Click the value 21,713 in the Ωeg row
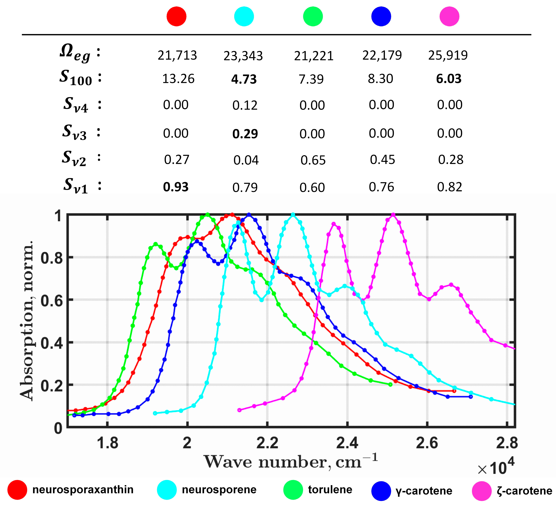point(177,55)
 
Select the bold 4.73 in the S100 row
point(244,79)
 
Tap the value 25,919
point(448,55)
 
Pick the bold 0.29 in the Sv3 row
point(245,134)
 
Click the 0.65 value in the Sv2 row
point(313,160)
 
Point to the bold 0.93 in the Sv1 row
point(176,187)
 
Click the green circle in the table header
point(313,17)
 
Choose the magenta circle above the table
point(449,17)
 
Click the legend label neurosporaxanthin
point(83,490)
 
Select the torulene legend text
point(330,490)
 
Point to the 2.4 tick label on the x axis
point(347,443)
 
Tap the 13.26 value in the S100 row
point(178,79)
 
